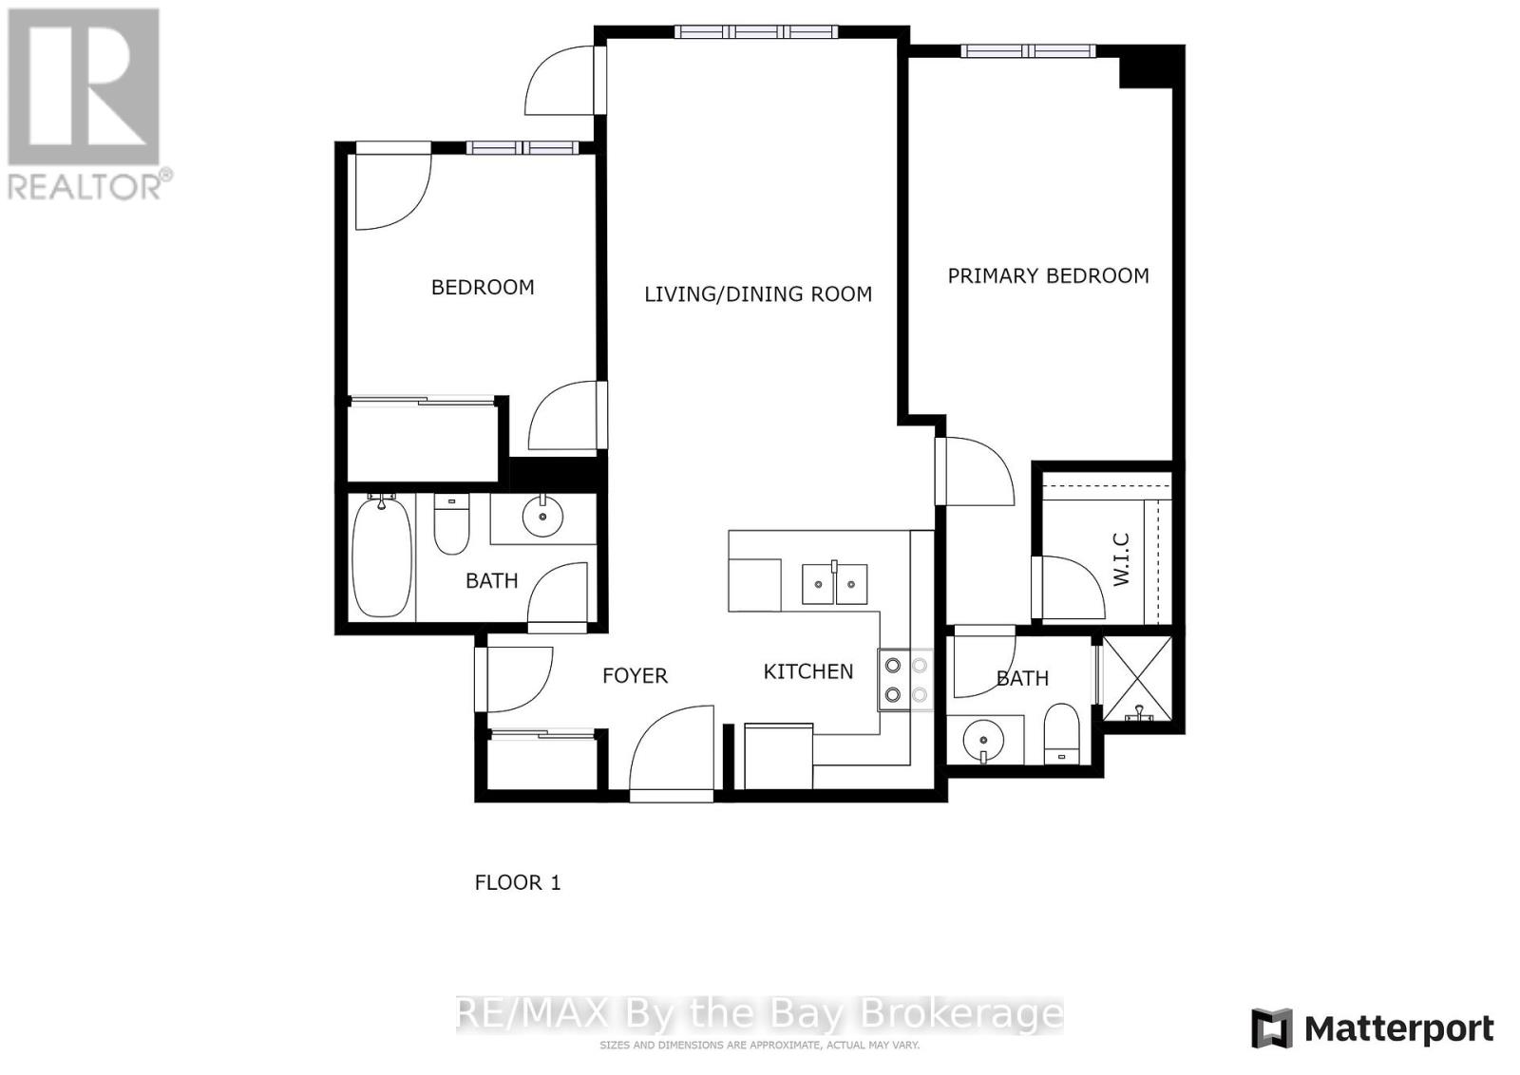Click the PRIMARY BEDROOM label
pyautogui.click(x=1048, y=276)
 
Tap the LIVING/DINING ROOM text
pyautogui.click(x=758, y=294)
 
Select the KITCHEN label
pyautogui.click(x=808, y=671)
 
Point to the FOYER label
pyautogui.click(x=635, y=676)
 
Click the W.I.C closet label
pyautogui.click(x=1121, y=559)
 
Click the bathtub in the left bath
pyautogui.click(x=382, y=557)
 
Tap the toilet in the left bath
pyautogui.click(x=451, y=525)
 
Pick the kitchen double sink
pyautogui.click(x=834, y=583)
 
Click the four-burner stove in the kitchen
pyautogui.click(x=905, y=680)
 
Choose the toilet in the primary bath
pyautogui.click(x=1061, y=736)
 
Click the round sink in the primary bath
pyautogui.click(x=982, y=739)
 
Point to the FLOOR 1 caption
pyautogui.click(x=518, y=883)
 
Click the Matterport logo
pyautogui.click(x=1372, y=1028)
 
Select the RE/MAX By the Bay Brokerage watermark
pyautogui.click(x=759, y=1013)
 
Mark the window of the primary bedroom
pyautogui.click(x=1028, y=51)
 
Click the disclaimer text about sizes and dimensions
pyautogui.click(x=759, y=1046)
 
